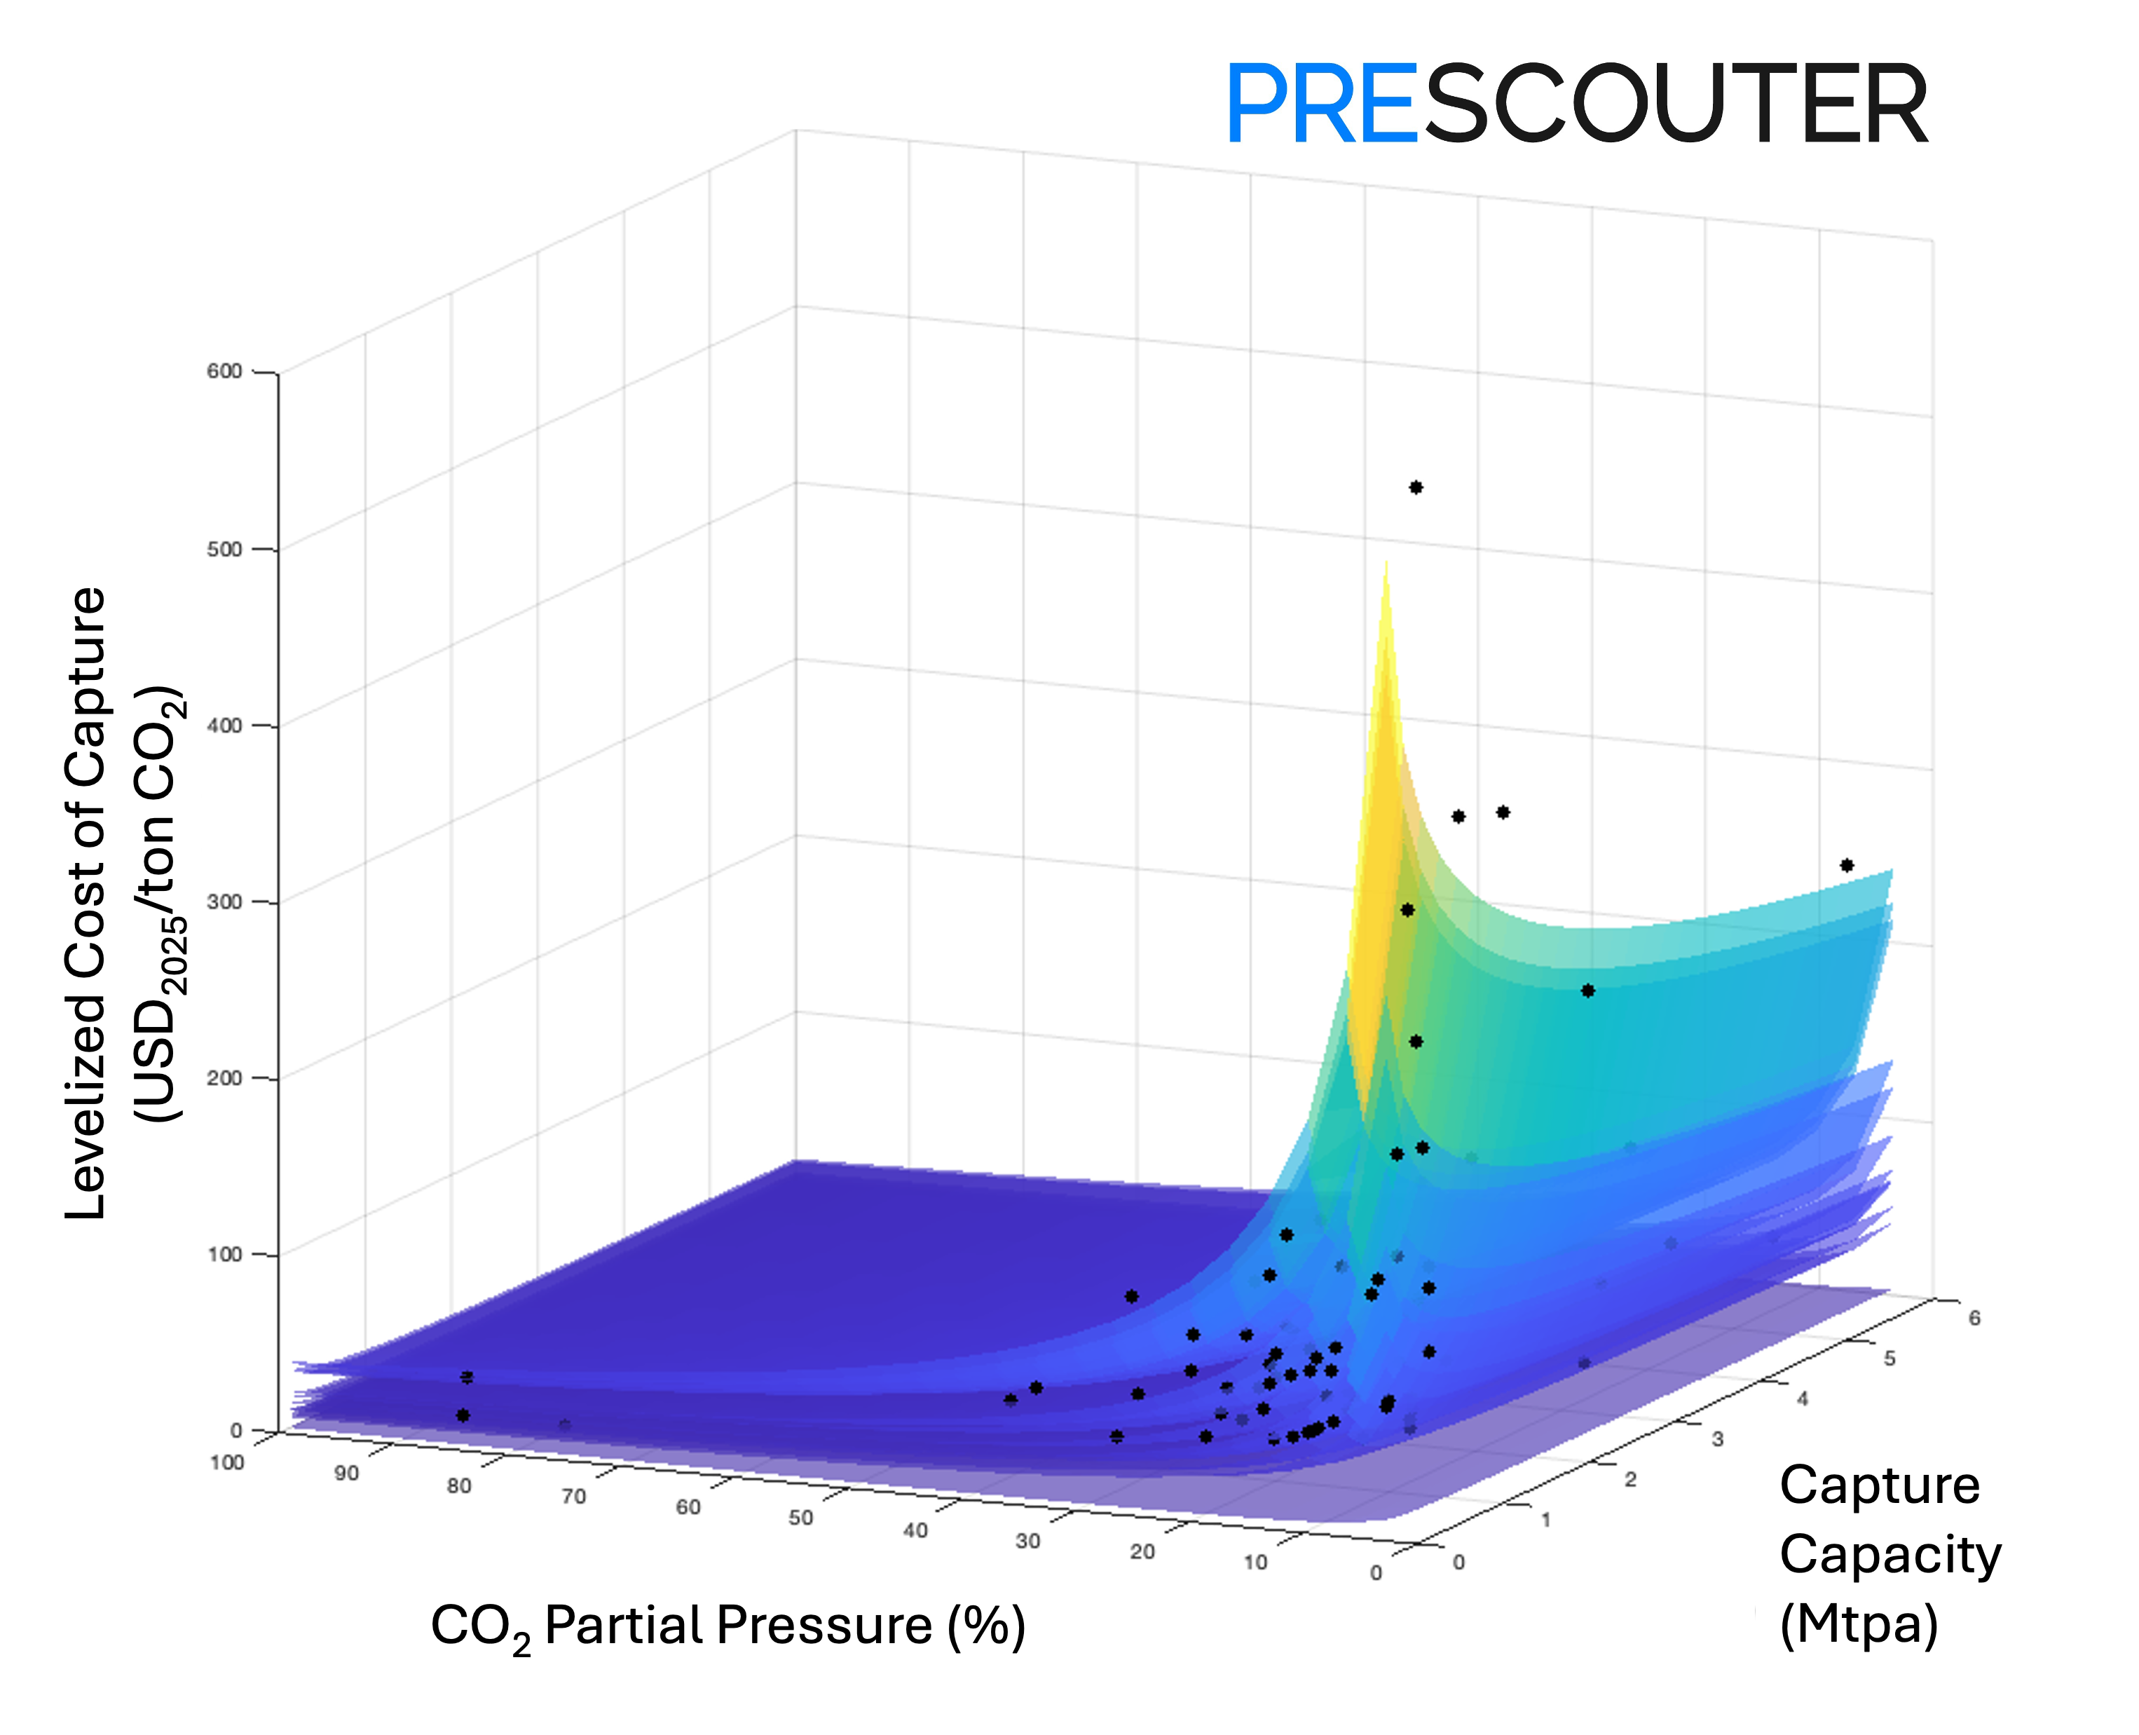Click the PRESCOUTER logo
click(1576, 104)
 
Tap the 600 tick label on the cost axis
click(225, 372)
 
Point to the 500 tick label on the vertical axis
click(225, 549)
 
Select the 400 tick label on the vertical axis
click(225, 726)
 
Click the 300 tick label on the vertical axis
click(225, 901)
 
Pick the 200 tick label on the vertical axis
click(225, 1077)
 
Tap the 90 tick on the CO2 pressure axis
click(347, 1473)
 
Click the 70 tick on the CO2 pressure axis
click(573, 1496)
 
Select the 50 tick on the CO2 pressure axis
click(800, 1518)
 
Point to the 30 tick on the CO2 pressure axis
click(1028, 1541)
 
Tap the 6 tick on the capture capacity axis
click(1974, 1318)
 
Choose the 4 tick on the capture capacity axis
click(1803, 1399)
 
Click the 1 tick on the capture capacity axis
click(1545, 1520)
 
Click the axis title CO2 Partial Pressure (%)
click(727, 1626)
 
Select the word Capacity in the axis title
click(1890, 1555)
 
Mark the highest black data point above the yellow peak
click(1416, 488)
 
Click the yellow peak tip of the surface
click(1386, 566)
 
